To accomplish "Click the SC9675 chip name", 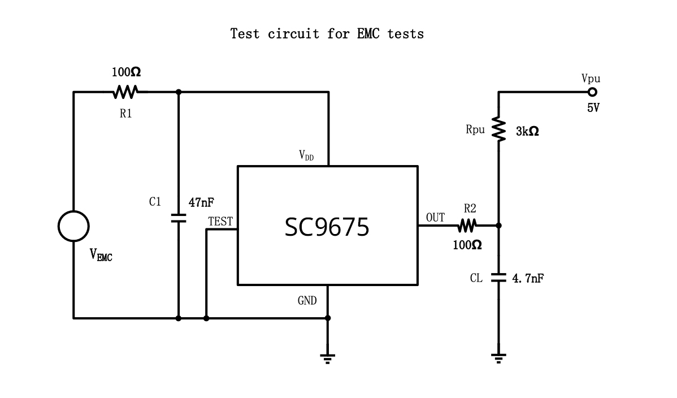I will pos(327,227).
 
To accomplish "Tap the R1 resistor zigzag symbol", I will pos(125,92).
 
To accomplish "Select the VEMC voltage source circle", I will pos(73,226).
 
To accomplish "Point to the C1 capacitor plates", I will pos(179,218).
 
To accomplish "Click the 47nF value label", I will pos(202,202).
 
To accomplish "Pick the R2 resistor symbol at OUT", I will pos(467,226).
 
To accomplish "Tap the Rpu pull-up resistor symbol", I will pos(498,129).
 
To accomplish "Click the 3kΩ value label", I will pos(527,131).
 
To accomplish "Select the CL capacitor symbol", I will pos(498,278).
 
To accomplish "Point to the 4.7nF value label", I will pos(527,278).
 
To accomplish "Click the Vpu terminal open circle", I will pos(592,92).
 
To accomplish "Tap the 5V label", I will pos(593,107).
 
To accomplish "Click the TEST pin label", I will pos(220,222).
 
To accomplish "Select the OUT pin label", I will pos(435,218).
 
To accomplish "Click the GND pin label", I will pos(307,301).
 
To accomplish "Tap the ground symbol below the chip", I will pos(328,358).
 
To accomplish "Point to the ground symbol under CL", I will pos(498,357).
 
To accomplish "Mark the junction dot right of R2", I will pos(498,226).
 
